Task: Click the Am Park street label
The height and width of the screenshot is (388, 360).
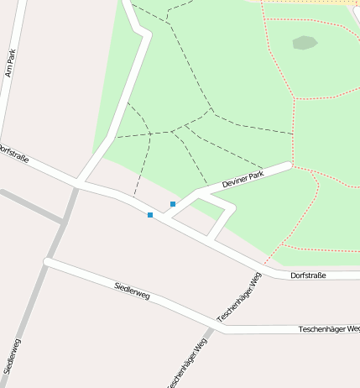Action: coord(11,63)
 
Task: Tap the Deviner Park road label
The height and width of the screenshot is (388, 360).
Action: coord(243,178)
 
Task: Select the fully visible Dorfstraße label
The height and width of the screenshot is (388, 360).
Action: coord(307,275)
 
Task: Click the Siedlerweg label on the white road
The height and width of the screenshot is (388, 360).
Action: coord(132,291)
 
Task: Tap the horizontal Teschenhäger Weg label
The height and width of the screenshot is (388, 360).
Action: coord(328,329)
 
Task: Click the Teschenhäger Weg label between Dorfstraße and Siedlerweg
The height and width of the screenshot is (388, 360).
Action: coord(239,298)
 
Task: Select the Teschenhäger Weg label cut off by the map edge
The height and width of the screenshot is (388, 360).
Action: coord(188,366)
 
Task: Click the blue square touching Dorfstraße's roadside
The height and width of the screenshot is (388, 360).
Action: coord(150,216)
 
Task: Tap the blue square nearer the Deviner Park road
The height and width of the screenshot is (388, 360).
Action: coord(173,204)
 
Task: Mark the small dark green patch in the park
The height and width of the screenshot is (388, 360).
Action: coord(305,42)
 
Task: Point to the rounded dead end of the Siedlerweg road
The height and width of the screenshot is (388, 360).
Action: coord(48,263)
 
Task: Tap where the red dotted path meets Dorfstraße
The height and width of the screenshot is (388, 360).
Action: coord(264,267)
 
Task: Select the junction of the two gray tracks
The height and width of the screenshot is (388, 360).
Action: coord(64,222)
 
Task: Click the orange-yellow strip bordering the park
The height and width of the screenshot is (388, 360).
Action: coord(310,3)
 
